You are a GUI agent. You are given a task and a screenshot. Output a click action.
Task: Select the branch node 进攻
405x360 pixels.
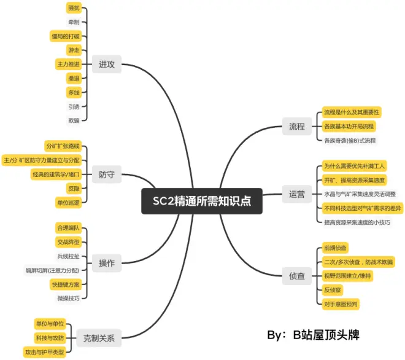click(x=107, y=64)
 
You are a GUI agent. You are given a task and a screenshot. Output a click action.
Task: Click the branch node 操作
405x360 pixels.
click(x=107, y=264)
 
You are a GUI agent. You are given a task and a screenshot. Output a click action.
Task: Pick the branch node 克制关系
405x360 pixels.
click(x=99, y=337)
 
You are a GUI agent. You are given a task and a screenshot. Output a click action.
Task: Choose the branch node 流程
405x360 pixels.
click(x=297, y=127)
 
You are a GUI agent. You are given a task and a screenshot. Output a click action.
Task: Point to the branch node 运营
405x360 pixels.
click(x=297, y=195)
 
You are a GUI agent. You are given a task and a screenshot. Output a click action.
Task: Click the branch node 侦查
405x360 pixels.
click(x=297, y=276)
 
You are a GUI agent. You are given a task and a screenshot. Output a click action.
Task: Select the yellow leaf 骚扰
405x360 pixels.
click(x=73, y=9)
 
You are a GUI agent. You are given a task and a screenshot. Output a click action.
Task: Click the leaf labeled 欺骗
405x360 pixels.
click(x=74, y=120)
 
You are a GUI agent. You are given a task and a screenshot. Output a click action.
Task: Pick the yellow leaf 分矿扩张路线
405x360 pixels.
click(x=63, y=147)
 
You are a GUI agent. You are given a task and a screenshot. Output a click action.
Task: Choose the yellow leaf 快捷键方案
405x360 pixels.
click(x=65, y=284)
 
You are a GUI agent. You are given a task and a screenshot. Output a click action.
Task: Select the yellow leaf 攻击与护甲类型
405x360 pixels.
click(x=48, y=352)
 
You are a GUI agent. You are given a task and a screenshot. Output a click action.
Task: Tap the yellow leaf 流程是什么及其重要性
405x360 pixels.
click(x=352, y=112)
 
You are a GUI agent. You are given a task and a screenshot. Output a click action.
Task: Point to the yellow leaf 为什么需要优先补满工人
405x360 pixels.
click(x=354, y=166)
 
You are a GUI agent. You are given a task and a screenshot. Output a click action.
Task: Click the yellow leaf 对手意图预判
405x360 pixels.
click(x=341, y=303)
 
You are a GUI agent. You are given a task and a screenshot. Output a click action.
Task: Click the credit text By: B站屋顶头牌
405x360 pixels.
click(x=313, y=335)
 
